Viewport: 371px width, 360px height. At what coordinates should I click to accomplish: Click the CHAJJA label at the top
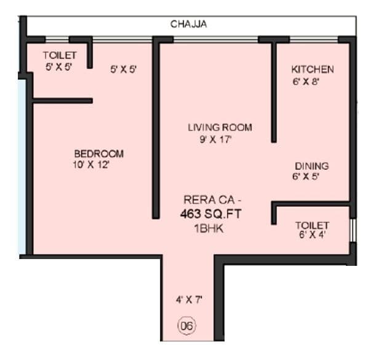(188, 25)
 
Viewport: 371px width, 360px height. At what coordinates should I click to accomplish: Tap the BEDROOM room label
(98, 153)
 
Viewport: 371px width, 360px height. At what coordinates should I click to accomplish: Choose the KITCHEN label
(313, 69)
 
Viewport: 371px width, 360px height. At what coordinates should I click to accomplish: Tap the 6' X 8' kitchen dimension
(305, 80)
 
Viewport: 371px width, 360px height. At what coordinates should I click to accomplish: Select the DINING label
(311, 166)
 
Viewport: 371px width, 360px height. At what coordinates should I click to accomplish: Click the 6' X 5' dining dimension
(306, 177)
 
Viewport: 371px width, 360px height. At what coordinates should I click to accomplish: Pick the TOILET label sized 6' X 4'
(312, 225)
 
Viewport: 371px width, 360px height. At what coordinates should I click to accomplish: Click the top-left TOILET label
(60, 55)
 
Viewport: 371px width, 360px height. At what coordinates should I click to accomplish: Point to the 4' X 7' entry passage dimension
(188, 300)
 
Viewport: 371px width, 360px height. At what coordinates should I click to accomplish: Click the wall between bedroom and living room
(156, 129)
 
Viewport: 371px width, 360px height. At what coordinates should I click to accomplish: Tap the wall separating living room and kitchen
(273, 92)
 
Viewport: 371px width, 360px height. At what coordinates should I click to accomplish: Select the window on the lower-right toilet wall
(353, 230)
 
